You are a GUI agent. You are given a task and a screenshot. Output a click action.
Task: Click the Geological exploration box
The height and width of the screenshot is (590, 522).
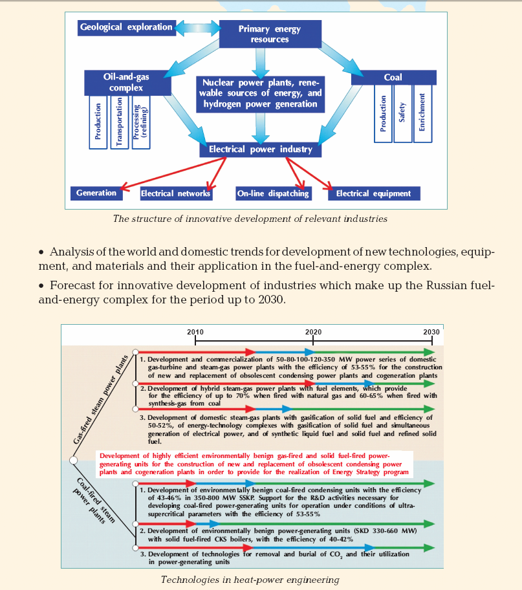point(126,28)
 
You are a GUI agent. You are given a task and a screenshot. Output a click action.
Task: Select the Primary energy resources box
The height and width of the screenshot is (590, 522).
point(270,34)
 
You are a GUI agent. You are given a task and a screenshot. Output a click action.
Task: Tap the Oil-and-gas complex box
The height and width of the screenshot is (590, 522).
point(127,82)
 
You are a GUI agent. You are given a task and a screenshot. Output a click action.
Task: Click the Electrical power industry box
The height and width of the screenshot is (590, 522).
point(260,149)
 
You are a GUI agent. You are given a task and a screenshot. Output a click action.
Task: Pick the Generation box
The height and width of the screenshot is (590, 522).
point(96,193)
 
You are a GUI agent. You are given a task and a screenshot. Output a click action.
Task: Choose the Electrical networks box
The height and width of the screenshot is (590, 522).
point(176,193)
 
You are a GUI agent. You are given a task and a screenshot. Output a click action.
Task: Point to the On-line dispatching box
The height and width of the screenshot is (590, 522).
point(273,193)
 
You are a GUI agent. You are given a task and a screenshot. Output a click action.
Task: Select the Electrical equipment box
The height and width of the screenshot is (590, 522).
point(374,193)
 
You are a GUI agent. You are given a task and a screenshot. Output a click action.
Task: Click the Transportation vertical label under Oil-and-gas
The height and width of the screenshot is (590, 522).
point(119,122)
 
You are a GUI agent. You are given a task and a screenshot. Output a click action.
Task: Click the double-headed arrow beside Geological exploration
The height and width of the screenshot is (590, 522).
point(198,28)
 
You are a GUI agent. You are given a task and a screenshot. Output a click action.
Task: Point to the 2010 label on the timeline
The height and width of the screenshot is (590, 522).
point(195,332)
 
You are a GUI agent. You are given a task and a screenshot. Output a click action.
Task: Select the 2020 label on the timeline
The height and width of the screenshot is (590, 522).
point(313,332)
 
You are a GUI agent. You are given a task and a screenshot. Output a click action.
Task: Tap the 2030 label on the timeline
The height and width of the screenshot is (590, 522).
point(431,332)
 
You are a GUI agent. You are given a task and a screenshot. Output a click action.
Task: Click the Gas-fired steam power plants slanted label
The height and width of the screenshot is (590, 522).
point(100,399)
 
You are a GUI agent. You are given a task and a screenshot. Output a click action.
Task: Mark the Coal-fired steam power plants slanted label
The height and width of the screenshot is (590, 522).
point(94,501)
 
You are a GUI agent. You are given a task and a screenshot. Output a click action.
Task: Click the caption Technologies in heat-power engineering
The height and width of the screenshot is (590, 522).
point(250,580)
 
